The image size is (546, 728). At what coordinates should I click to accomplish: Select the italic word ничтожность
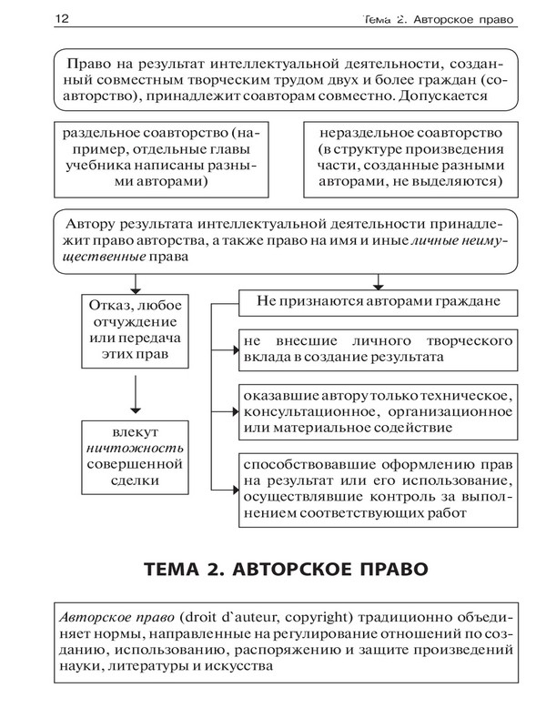[135, 448]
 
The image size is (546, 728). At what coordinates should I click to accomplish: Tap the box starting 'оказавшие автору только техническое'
[373, 409]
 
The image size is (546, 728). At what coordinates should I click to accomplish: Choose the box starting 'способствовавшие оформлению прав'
[373, 487]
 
